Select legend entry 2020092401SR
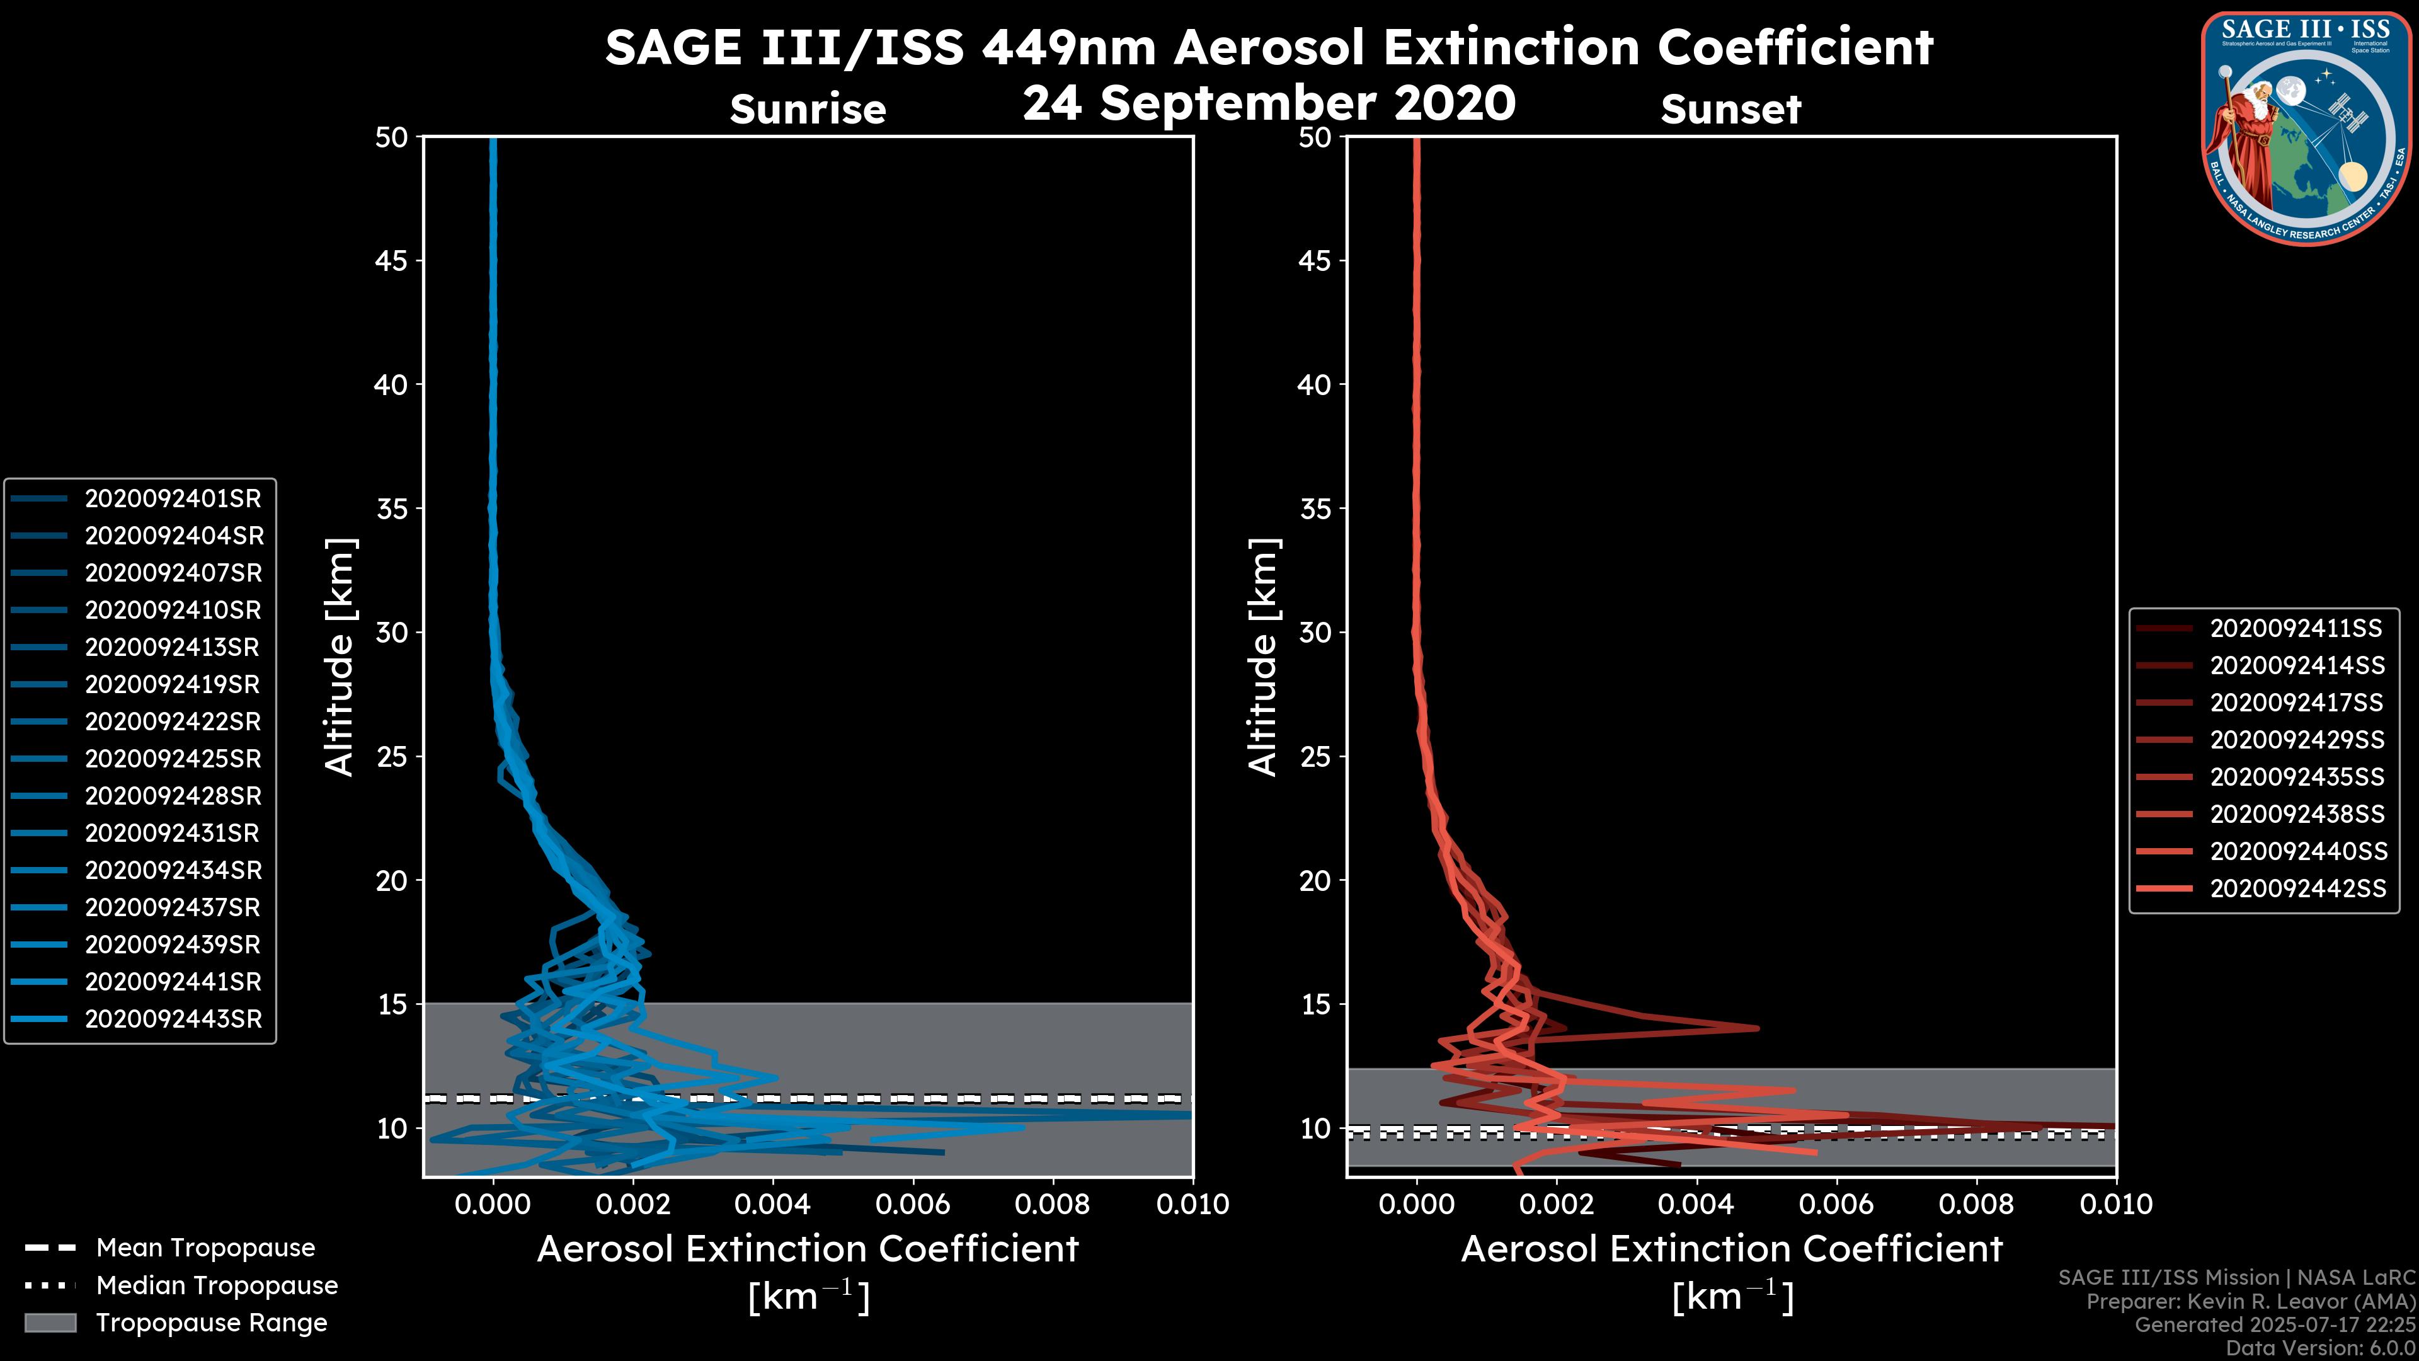tap(173, 499)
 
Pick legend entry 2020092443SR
tap(173, 1019)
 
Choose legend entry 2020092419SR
tap(172, 685)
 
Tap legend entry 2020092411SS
tap(2297, 628)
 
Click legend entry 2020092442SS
tap(2297, 888)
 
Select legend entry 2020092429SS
tap(2297, 740)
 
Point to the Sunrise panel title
tap(808, 110)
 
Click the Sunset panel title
tap(1730, 110)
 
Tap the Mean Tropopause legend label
tap(205, 1248)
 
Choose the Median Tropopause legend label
tap(217, 1286)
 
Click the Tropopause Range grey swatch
tap(50, 1323)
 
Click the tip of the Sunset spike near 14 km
tap(1757, 1028)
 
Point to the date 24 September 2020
tap(1269, 103)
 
